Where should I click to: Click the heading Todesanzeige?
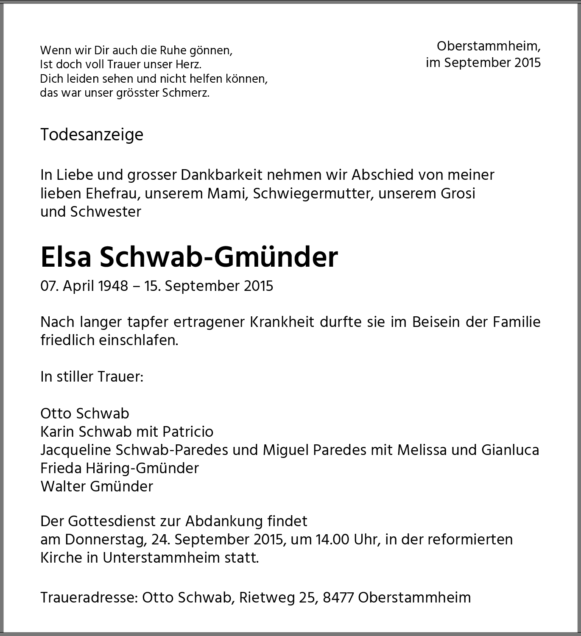coord(92,135)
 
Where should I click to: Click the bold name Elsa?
coord(66,257)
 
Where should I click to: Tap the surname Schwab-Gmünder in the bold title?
coord(219,257)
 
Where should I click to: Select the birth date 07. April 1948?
coord(84,286)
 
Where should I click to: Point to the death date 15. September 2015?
coord(209,286)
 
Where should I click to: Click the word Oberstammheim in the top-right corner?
coord(489,46)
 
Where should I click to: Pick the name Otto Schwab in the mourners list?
coord(85,413)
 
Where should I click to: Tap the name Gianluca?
coord(510,450)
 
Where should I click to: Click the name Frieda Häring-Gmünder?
coord(120,468)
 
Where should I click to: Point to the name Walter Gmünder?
coord(97,486)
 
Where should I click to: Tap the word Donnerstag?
coord(104,539)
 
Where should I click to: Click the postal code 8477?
coord(338,597)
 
